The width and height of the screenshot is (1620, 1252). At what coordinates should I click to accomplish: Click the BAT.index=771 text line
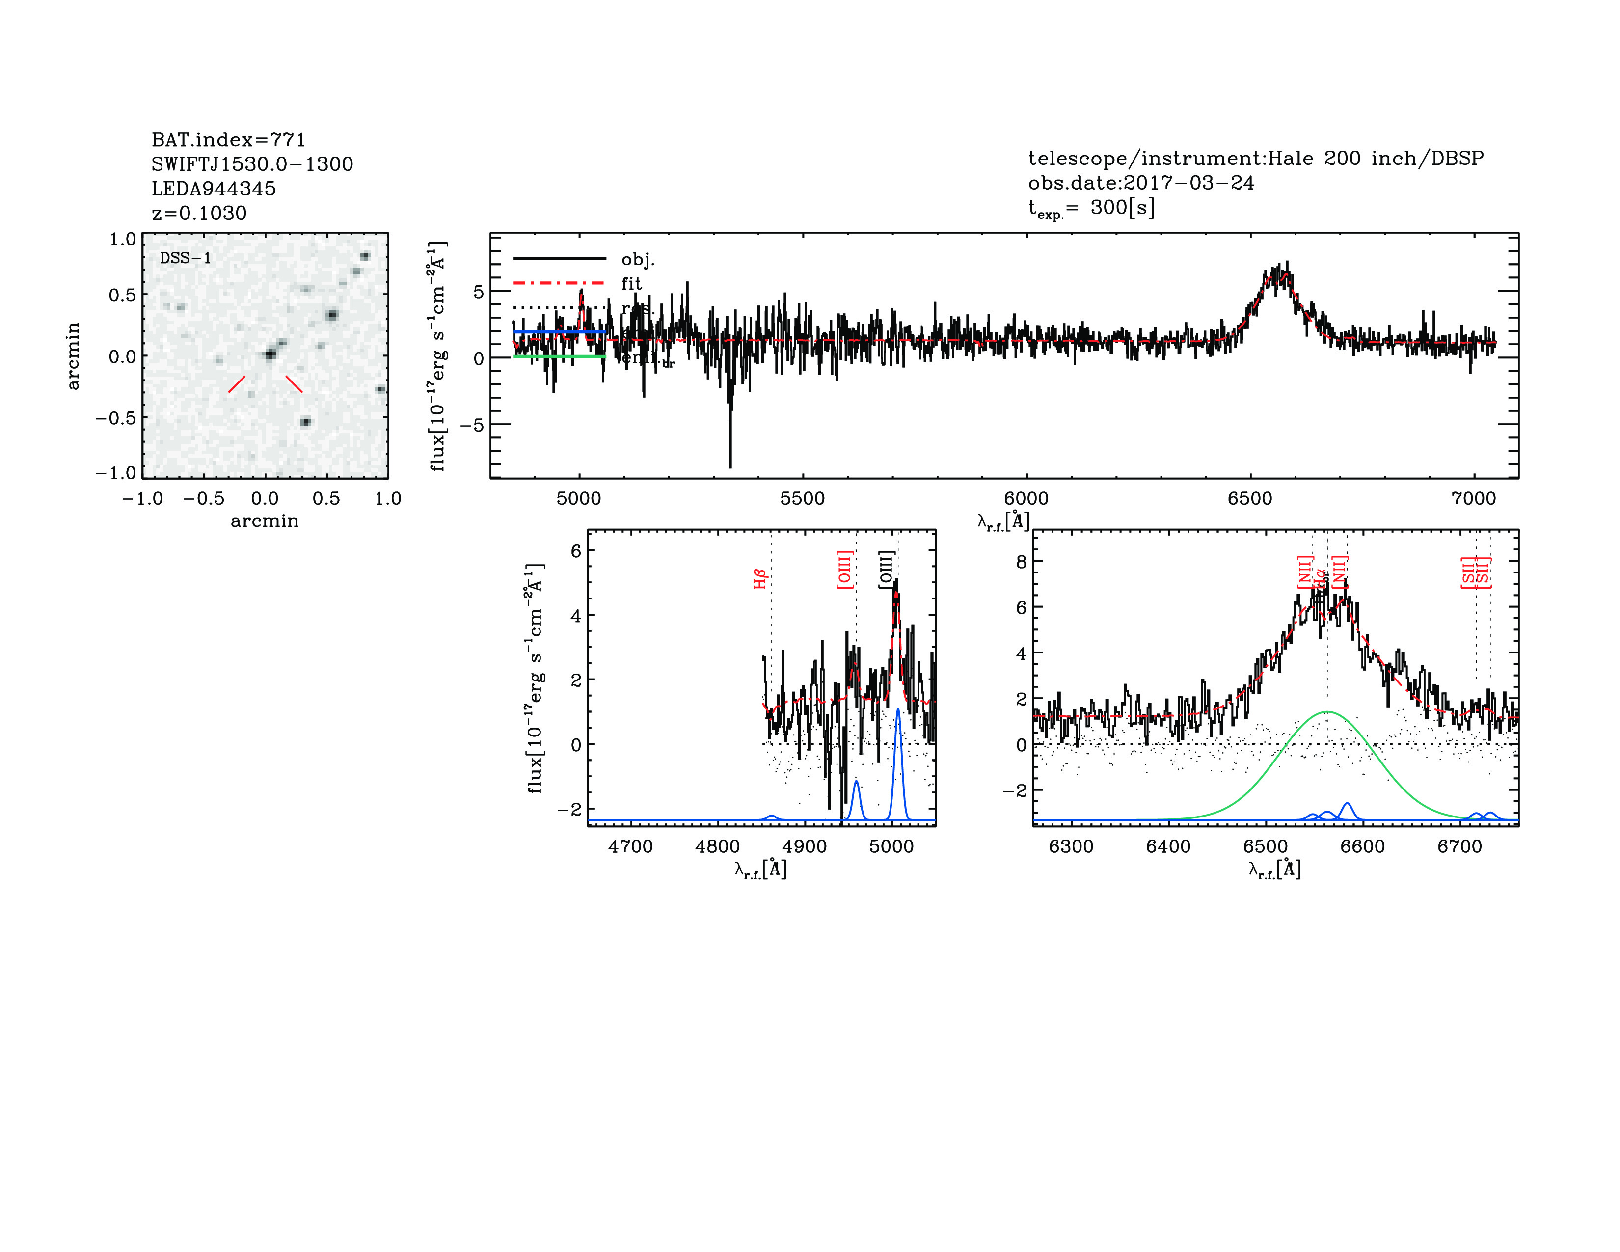[228, 139]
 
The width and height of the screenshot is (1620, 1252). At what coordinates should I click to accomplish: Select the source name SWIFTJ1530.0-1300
[252, 164]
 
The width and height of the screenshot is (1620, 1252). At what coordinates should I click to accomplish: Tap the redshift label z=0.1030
[199, 213]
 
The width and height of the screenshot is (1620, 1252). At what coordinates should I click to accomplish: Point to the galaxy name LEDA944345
[214, 189]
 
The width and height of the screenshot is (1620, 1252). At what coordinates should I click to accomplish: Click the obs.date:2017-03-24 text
[1141, 183]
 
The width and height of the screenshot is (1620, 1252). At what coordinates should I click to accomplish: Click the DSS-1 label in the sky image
[186, 258]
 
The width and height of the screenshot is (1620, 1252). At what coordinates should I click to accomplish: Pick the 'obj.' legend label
[638, 259]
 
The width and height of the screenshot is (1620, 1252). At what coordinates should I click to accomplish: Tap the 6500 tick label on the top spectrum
[1250, 498]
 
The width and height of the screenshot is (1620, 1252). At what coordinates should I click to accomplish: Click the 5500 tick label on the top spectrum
[803, 498]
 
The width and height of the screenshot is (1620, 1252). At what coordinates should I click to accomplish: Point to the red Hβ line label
[759, 579]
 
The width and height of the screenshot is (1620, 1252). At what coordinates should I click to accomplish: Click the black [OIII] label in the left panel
[886, 570]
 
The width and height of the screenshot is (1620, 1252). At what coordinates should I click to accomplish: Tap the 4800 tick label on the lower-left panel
[717, 846]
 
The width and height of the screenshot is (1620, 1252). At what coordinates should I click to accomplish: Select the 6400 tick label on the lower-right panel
[1168, 846]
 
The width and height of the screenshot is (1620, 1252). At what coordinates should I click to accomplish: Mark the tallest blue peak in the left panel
[897, 710]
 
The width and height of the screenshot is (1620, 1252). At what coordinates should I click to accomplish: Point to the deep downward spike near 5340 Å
[730, 466]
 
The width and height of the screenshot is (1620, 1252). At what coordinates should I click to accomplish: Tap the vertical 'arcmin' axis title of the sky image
[73, 356]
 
